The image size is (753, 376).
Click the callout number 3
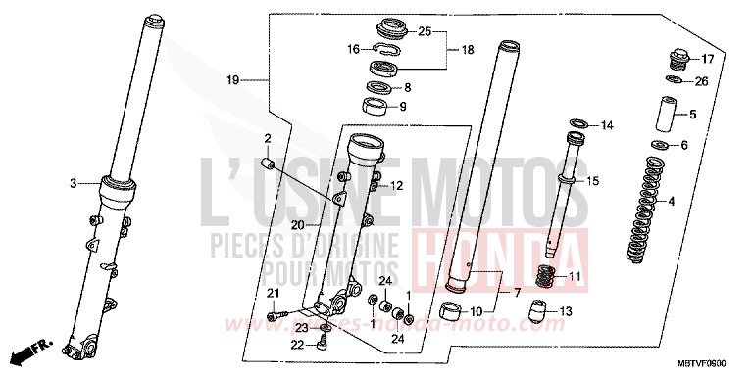(72, 183)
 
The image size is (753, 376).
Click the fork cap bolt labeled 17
(674, 57)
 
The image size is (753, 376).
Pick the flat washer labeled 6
(662, 146)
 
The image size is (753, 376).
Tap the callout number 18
(467, 48)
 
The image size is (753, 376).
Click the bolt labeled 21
(276, 314)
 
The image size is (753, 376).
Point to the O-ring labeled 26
(675, 80)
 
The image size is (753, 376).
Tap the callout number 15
(619, 182)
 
